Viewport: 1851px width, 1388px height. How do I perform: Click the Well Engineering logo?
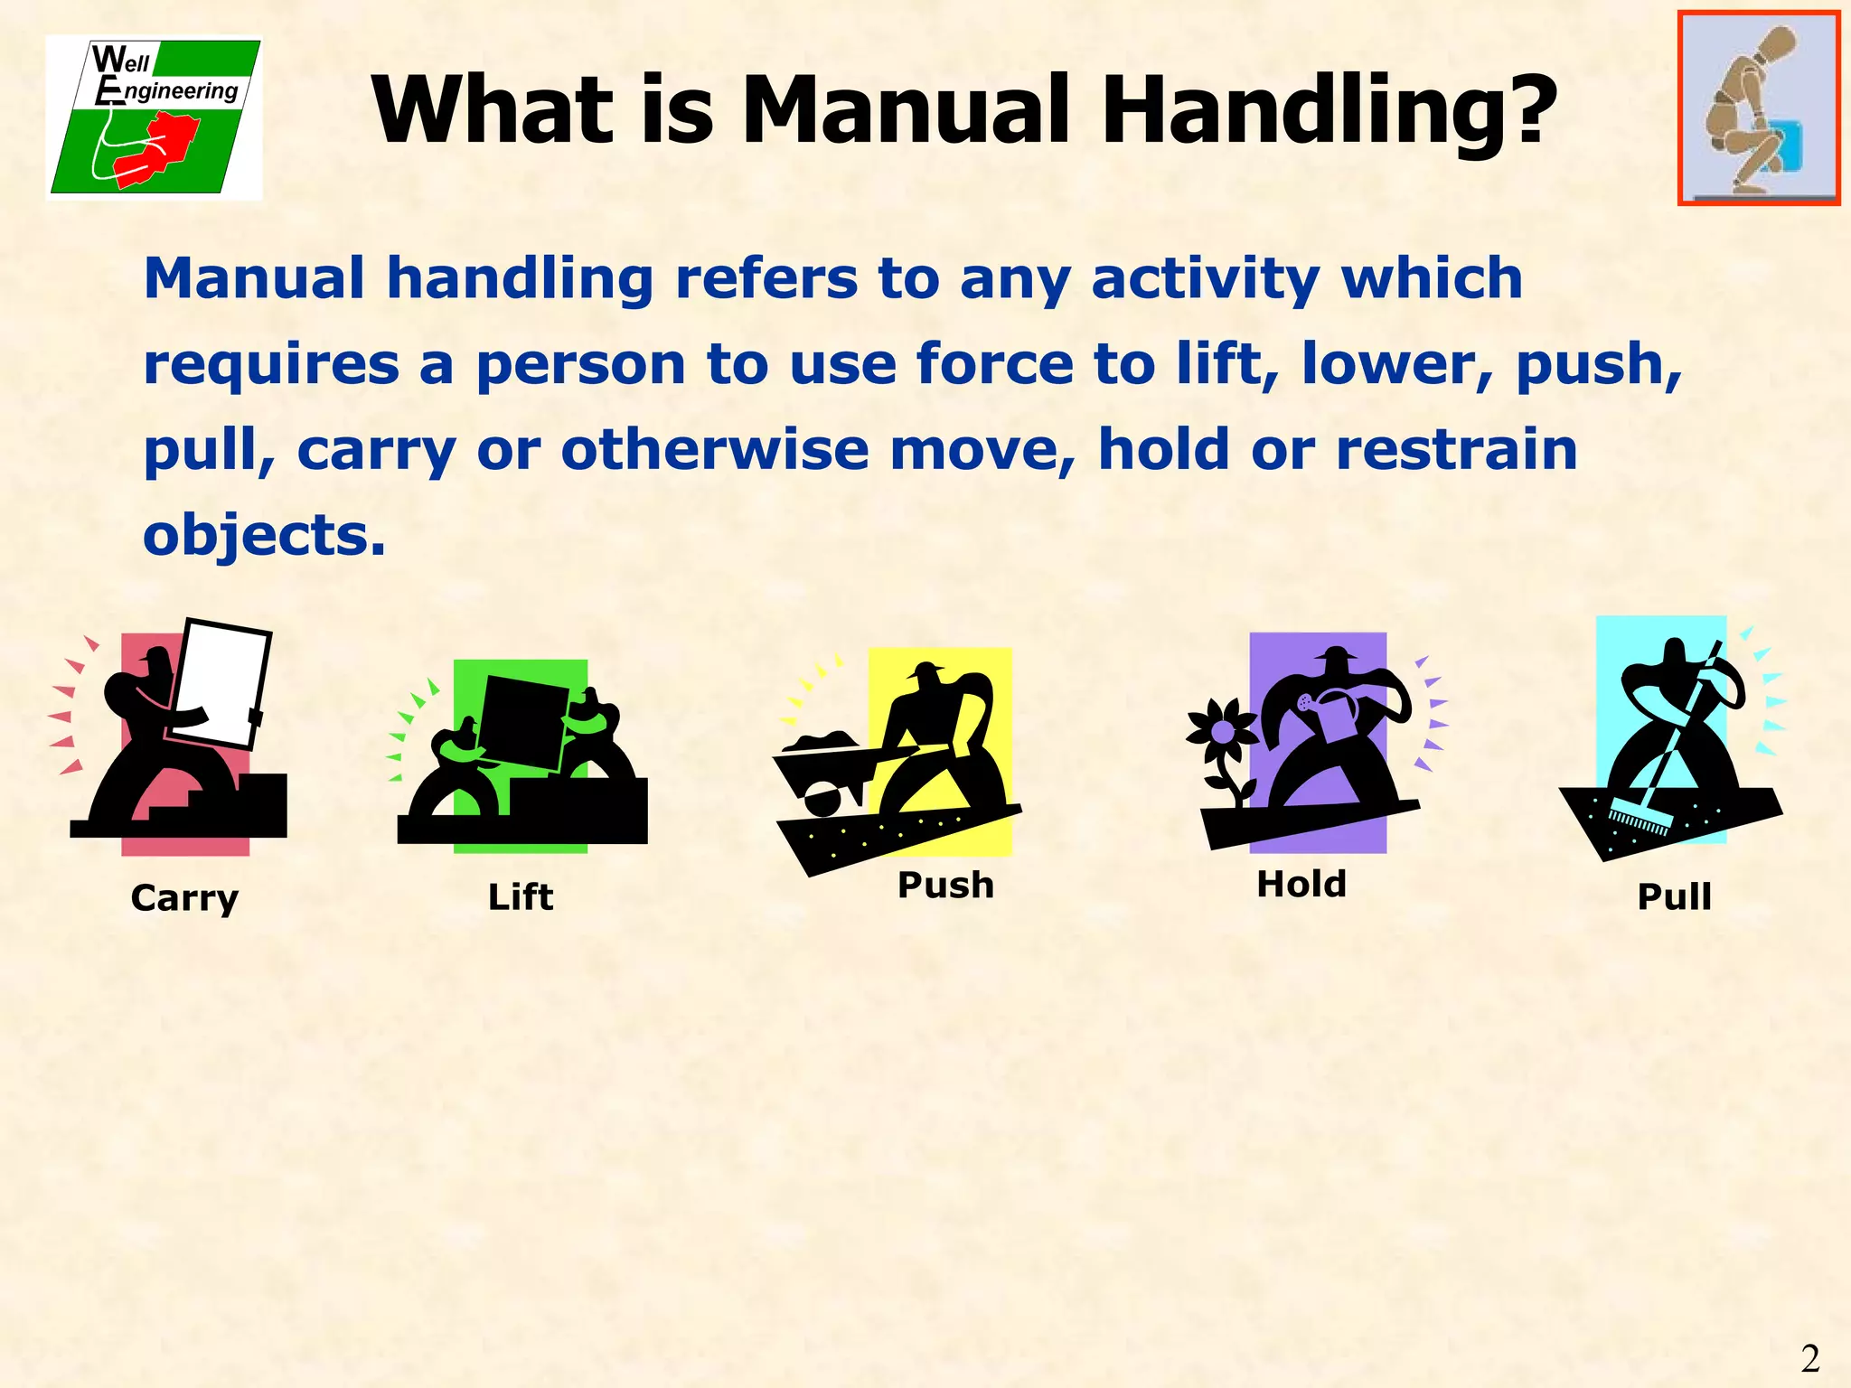pyautogui.click(x=155, y=117)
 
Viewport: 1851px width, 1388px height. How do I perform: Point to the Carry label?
pyautogui.click(x=184, y=898)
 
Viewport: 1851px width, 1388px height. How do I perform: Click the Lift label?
pyautogui.click(x=521, y=897)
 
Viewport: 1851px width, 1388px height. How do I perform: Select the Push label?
pyautogui.click(x=945, y=886)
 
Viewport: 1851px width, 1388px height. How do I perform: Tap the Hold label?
pyautogui.click(x=1301, y=885)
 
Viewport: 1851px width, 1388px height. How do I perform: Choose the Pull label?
pyautogui.click(x=1675, y=897)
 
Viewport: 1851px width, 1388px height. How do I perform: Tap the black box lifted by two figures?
pyautogui.click(x=521, y=724)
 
